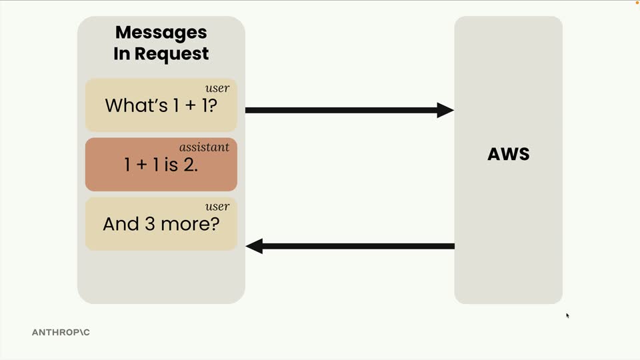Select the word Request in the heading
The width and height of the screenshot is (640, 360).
point(171,54)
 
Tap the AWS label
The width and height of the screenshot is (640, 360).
point(509,154)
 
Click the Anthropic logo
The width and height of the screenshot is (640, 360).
point(61,332)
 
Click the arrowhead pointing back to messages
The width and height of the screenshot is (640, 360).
point(254,246)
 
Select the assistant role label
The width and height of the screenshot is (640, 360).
point(204,147)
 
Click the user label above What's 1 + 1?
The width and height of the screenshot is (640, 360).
point(217,88)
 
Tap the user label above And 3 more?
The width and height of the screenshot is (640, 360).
point(217,207)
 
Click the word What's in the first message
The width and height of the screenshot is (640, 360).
point(136,105)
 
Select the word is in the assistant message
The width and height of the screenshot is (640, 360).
point(171,165)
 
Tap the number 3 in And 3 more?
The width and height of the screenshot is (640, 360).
point(150,224)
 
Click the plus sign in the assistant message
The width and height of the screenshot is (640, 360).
point(141,165)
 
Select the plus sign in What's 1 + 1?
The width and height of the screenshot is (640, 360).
point(190,106)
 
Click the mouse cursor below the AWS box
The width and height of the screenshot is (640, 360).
point(567,315)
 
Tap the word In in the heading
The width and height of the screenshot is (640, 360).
point(121,54)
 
